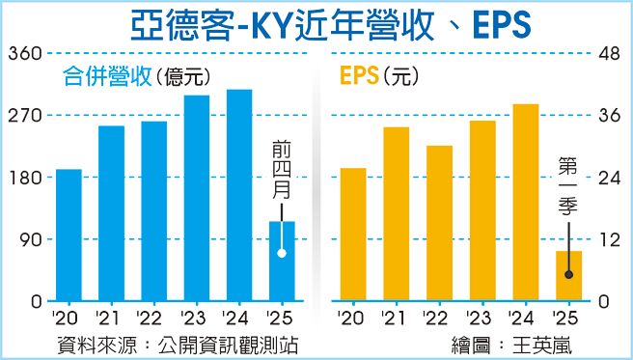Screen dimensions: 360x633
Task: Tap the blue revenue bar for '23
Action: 197,198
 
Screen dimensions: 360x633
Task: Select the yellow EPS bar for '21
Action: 397,213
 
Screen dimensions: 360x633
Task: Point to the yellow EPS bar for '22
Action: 439,223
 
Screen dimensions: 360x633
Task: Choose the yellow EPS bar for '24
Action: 525,202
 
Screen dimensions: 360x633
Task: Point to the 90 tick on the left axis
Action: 25,240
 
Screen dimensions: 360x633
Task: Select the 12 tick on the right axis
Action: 609,240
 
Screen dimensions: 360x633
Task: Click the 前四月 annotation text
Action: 282,169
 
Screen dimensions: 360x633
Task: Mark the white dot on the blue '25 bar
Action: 282,253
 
